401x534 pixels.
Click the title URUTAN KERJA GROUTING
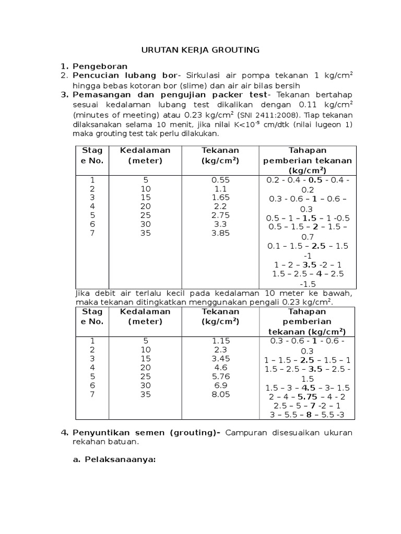point(200,50)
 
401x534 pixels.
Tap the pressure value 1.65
point(220,198)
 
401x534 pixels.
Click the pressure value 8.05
point(220,395)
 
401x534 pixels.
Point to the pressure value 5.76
point(220,376)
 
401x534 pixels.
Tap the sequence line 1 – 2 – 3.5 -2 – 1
point(307,265)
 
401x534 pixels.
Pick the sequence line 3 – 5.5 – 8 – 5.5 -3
point(307,415)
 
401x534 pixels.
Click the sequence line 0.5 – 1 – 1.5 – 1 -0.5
point(308,217)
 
